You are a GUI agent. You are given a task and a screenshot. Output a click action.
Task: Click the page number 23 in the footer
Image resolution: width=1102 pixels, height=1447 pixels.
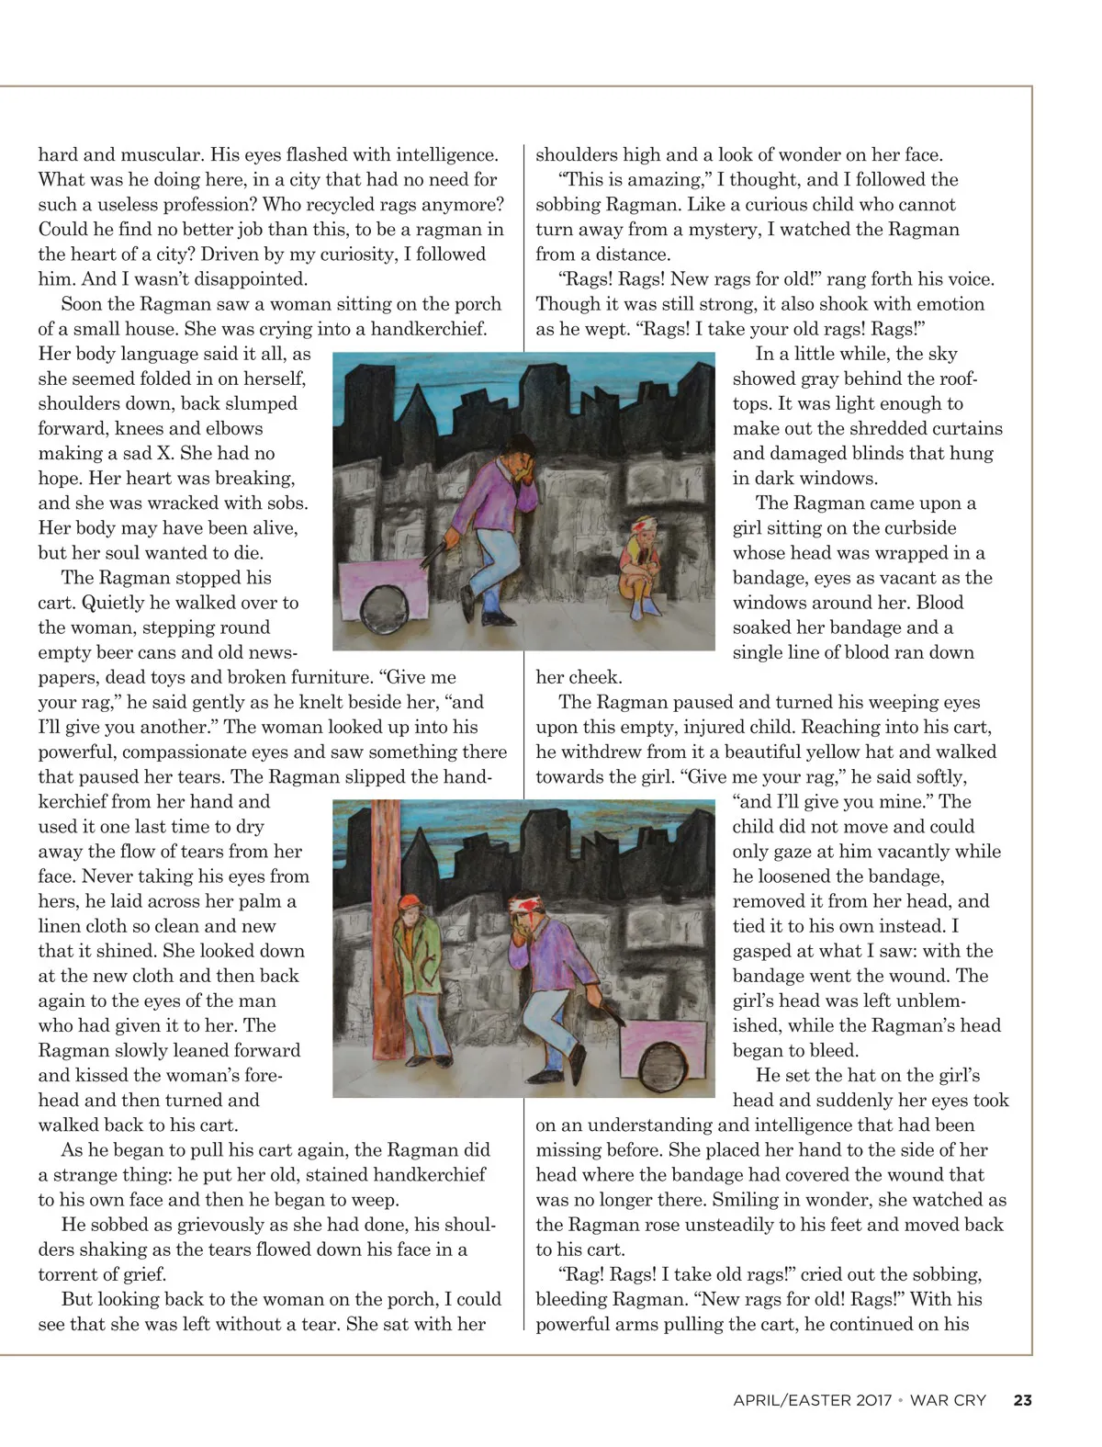tap(1022, 1401)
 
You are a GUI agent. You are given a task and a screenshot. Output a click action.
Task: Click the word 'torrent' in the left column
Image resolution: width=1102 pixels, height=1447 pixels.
tap(70, 1275)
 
